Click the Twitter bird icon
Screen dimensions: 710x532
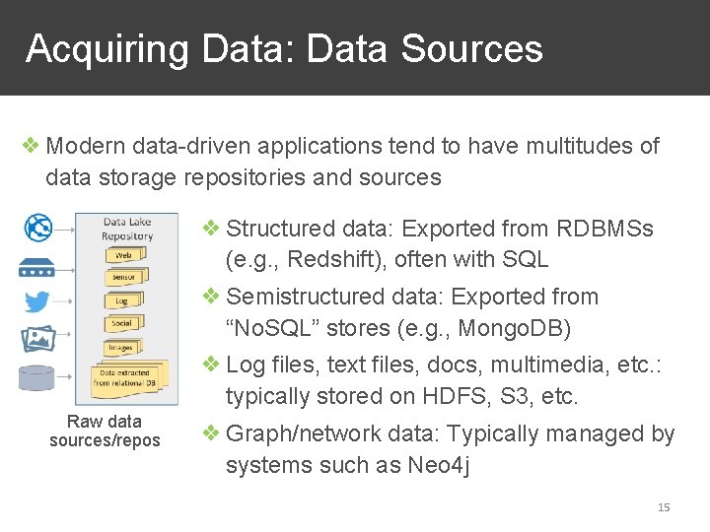click(x=37, y=301)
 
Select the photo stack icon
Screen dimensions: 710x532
click(x=37, y=339)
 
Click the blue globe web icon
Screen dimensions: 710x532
click(x=37, y=228)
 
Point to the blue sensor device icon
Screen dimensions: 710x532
click(x=37, y=267)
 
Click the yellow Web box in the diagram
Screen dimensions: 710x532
click(x=124, y=255)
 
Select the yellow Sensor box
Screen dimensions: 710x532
click(x=124, y=278)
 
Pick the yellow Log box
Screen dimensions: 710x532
click(x=122, y=300)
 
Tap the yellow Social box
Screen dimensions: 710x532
click(x=122, y=323)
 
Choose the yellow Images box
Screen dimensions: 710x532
click(x=121, y=348)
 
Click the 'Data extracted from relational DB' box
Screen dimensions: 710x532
click(x=124, y=378)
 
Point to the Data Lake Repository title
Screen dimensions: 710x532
click(x=127, y=229)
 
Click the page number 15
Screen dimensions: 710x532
click(x=663, y=507)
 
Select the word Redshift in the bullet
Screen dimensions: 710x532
click(x=322, y=260)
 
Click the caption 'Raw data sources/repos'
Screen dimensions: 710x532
click(x=105, y=432)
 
